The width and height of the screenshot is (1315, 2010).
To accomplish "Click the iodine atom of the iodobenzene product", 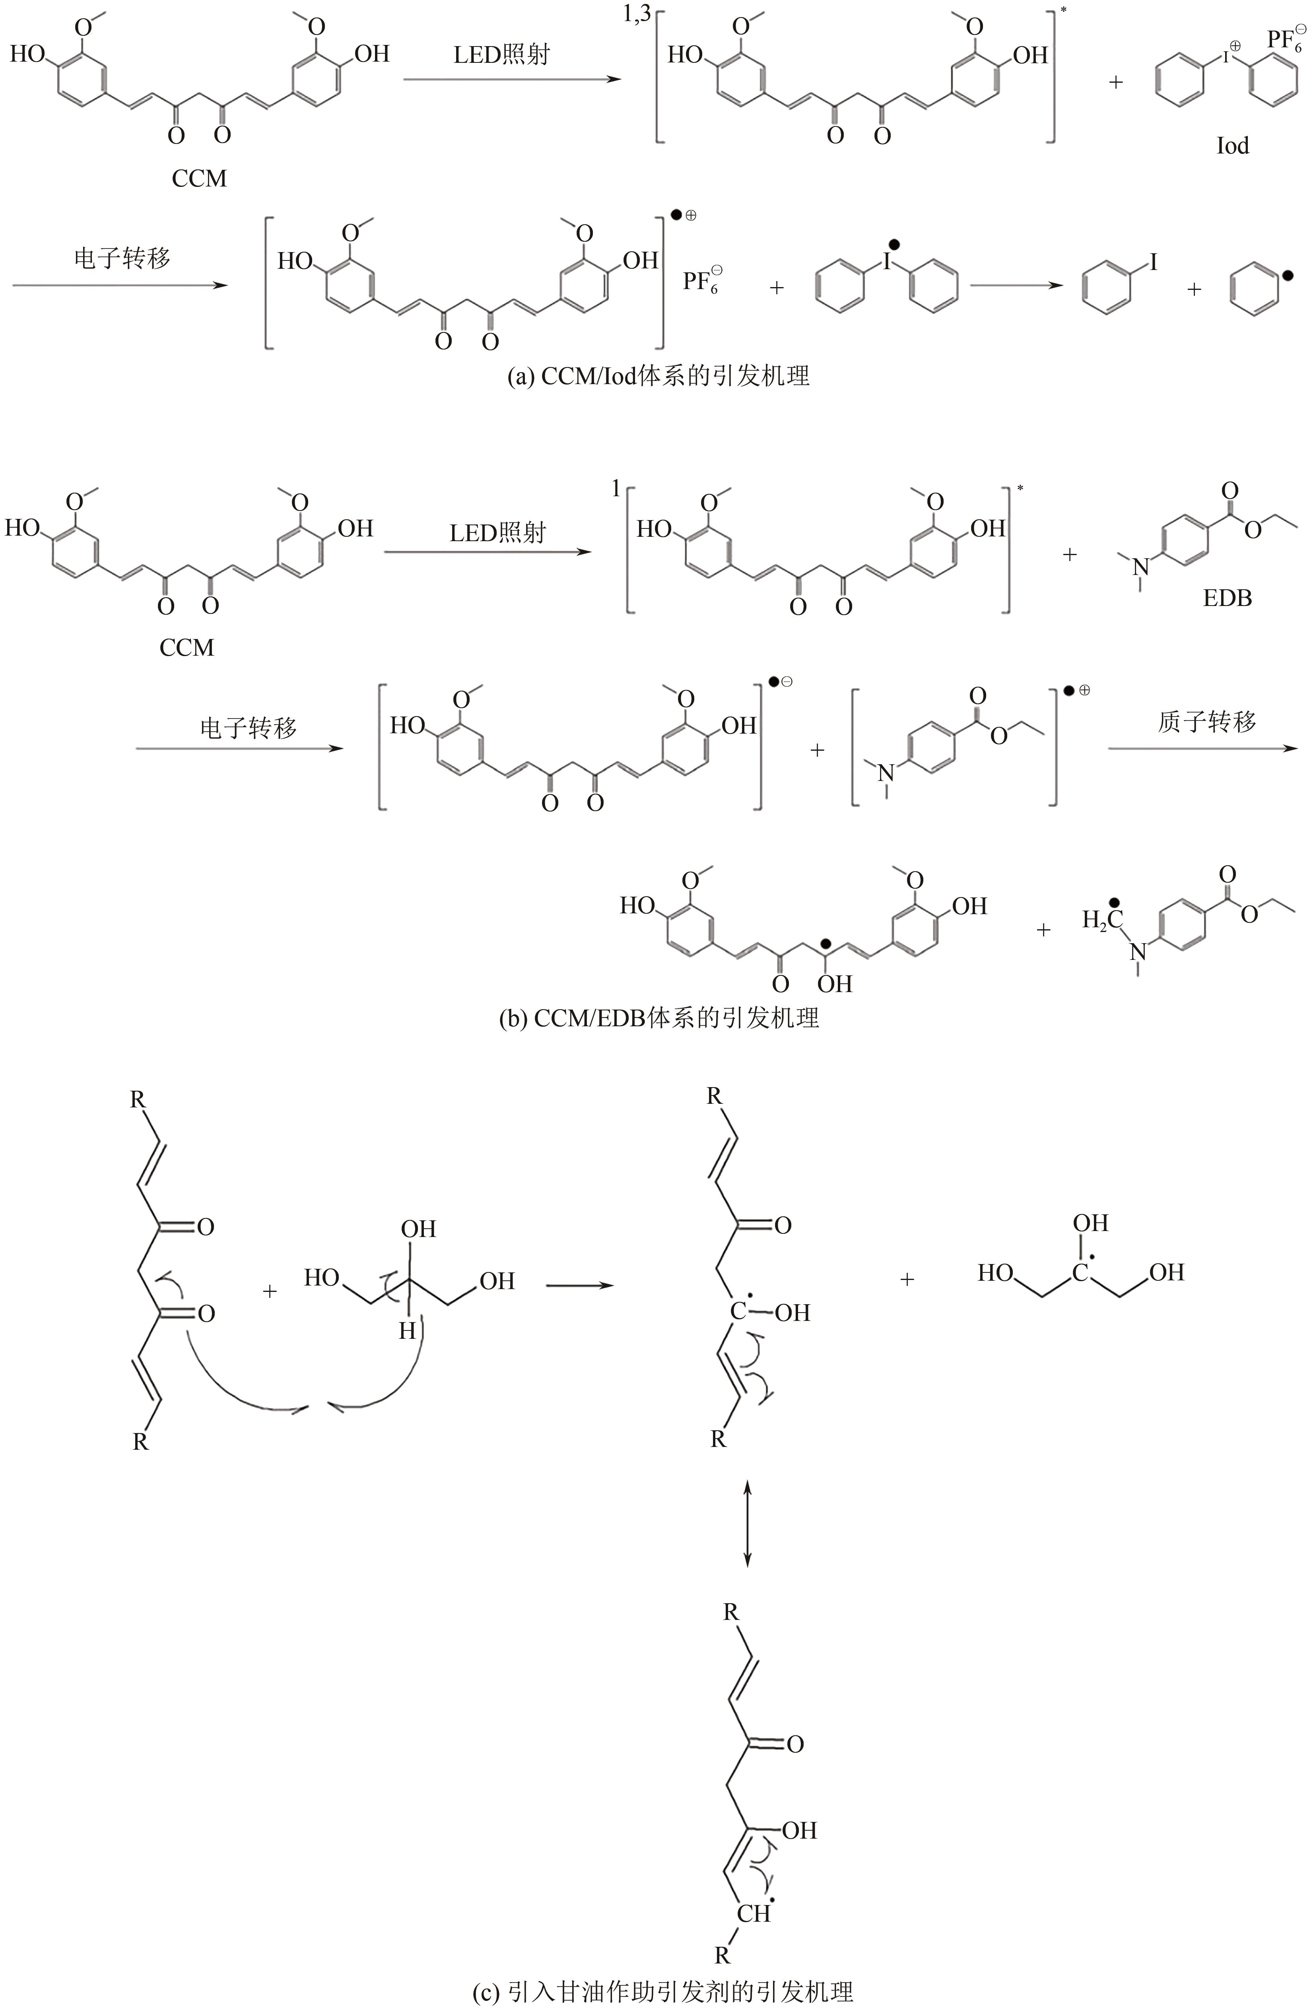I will [x=1152, y=263].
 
